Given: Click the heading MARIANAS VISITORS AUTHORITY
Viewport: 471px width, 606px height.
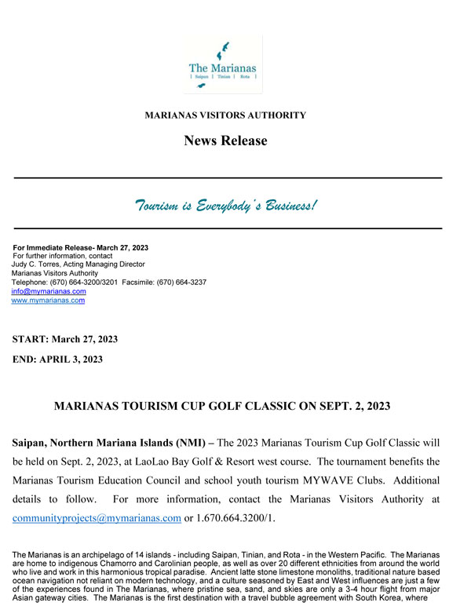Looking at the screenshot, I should click(225, 115).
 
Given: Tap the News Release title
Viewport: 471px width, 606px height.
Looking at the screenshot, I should click(225, 141).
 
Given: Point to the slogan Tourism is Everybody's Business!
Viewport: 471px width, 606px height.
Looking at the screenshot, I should click(227, 206).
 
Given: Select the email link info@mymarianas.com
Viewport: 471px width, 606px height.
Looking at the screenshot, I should click(49, 291).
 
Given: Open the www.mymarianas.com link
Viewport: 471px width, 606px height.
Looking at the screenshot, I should click(48, 300).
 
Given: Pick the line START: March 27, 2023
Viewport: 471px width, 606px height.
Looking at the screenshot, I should click(64, 339).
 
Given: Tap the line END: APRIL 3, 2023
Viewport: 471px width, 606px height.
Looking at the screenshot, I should click(57, 360).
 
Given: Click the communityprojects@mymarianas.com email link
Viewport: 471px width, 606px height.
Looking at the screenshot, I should click(97, 518).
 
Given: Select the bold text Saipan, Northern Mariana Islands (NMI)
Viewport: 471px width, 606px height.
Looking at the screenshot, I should click(112, 444).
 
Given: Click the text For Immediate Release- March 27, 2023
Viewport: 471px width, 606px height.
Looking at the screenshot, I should click(80, 247).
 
